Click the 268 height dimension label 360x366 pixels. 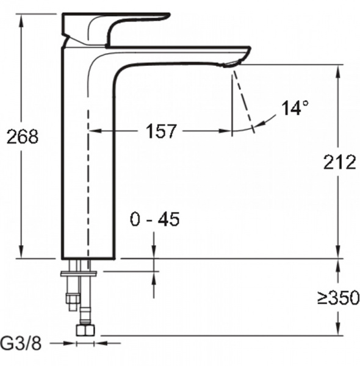click(22, 136)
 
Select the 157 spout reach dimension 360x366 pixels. click(161, 131)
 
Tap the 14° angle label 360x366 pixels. click(295, 107)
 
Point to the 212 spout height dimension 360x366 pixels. click(340, 162)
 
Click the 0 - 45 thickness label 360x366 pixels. click(155, 219)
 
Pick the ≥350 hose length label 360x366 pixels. click(339, 297)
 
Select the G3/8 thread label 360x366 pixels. click(21, 343)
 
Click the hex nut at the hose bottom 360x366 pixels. click(85, 330)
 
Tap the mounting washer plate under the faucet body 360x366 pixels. click(79, 273)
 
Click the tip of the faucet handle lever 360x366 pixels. click(168, 15)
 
